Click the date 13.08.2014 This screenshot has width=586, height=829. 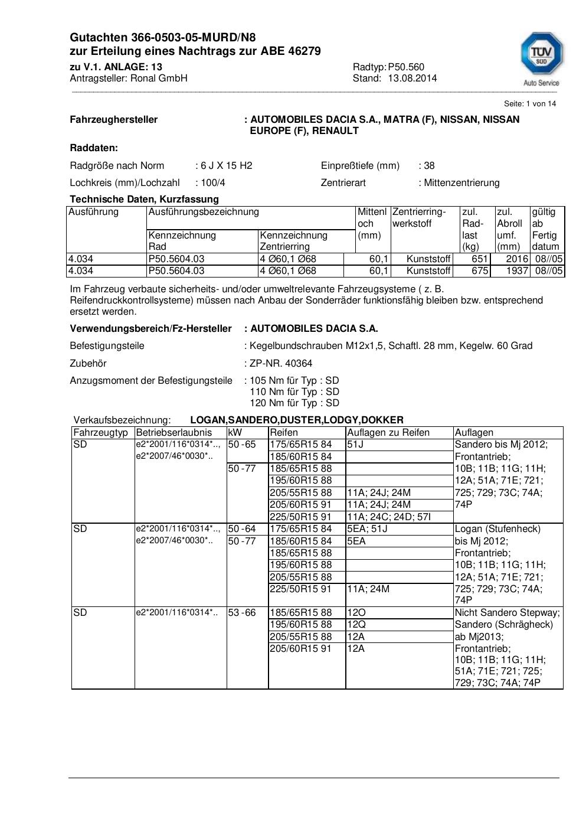[x=412, y=78]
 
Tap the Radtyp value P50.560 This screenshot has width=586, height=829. [x=406, y=67]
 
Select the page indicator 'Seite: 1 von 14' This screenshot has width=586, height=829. [x=529, y=103]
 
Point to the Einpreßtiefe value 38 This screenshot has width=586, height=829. [x=429, y=165]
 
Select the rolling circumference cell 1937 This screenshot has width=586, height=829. [x=517, y=270]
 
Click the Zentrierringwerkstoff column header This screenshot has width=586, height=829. [x=419, y=217]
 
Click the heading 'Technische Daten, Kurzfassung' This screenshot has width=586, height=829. [x=144, y=199]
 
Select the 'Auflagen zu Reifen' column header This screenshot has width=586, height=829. [x=388, y=432]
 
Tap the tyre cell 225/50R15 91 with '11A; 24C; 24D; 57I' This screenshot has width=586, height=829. [x=300, y=517]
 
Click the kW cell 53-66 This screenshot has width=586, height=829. [x=242, y=612]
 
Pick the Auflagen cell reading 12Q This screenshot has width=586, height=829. [x=356, y=624]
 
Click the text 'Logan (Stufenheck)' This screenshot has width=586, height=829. [x=497, y=528]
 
